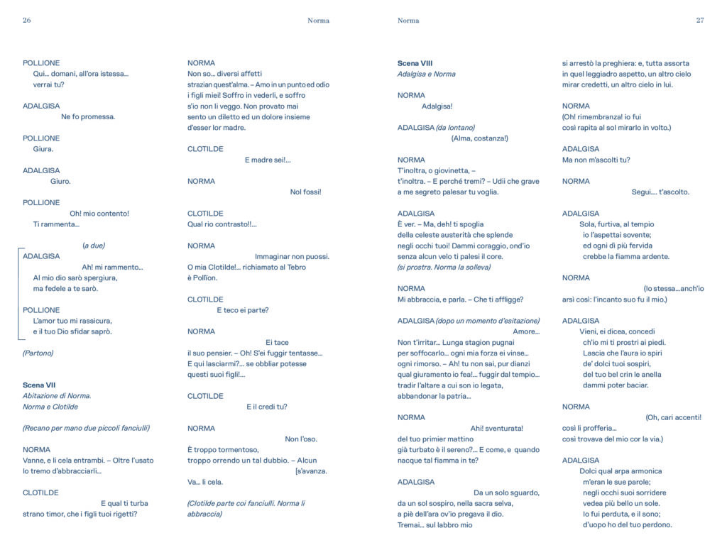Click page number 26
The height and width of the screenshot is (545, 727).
27,21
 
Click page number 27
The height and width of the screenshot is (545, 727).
699,21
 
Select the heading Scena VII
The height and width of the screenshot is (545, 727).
39,385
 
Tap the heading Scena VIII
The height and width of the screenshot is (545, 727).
415,63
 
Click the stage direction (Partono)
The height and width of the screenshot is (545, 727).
38,353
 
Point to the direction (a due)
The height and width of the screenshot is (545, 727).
94,246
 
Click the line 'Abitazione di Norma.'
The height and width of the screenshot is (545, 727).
57,396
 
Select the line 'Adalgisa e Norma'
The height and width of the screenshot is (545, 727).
427,74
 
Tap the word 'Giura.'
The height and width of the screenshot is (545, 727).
43,149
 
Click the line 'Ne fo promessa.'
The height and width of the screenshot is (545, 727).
88,116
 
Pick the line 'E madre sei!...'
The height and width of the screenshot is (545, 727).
268,160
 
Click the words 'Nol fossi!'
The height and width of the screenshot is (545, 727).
306,192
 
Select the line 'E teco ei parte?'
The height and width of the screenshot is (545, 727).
243,310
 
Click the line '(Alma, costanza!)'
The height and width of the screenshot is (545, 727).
479,138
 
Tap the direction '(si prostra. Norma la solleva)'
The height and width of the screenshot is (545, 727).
444,267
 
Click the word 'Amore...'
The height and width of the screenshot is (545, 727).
526,331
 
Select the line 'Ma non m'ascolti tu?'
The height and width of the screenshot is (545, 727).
596,160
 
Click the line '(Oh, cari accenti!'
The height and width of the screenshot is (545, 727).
673,417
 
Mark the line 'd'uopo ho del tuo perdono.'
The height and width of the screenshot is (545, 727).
628,525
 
